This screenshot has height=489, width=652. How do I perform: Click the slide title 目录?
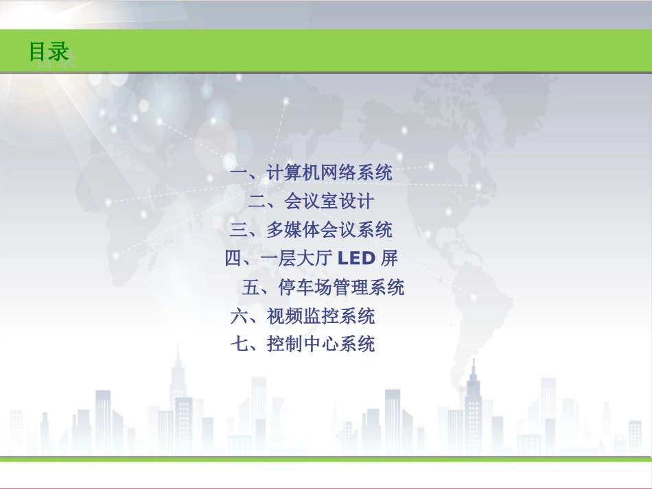(49, 52)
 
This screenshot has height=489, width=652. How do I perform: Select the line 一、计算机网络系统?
(311, 173)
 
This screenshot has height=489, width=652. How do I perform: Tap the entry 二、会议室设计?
(311, 202)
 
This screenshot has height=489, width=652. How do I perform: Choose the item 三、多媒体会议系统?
(311, 230)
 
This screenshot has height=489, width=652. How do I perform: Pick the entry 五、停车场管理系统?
(323, 287)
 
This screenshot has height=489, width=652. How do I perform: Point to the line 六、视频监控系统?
(302, 315)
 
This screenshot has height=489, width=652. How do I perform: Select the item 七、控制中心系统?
(302, 344)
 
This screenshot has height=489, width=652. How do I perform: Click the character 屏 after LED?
(389, 259)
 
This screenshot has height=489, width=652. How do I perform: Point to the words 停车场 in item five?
(305, 287)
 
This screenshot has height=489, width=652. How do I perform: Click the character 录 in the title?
(60, 52)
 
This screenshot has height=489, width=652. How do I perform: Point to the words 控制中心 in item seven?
(302, 344)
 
